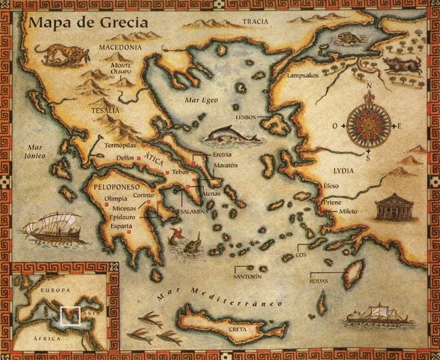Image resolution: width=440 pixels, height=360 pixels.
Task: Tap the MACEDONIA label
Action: [120, 47]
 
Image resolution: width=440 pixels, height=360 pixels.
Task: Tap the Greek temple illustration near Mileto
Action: [395, 207]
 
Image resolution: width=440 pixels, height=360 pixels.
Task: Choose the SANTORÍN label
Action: [248, 277]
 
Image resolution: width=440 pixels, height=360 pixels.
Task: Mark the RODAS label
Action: [319, 281]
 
